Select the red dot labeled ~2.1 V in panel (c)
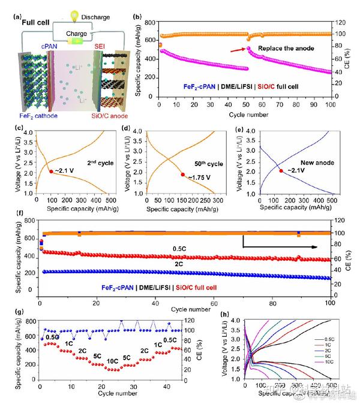click(51, 171)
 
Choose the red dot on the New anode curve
click(281, 171)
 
